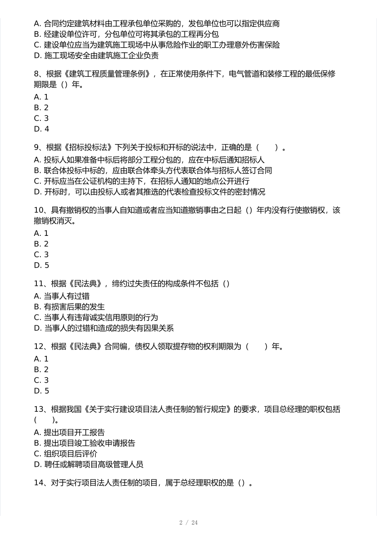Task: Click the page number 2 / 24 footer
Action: tap(188, 523)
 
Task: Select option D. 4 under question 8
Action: tap(41, 129)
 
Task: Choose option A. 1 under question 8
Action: tap(41, 97)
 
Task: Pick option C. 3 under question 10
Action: tap(41, 255)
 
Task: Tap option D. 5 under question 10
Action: tap(41, 265)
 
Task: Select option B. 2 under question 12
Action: tap(41, 369)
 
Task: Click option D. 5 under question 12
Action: tap(41, 391)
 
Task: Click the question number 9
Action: tap(36, 147)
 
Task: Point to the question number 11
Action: tap(39, 284)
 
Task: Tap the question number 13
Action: tap(39, 409)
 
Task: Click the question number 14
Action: tap(39, 483)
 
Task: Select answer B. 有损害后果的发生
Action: tap(69, 307)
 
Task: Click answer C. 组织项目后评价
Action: tap(65, 454)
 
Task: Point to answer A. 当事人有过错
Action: tap(62, 296)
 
